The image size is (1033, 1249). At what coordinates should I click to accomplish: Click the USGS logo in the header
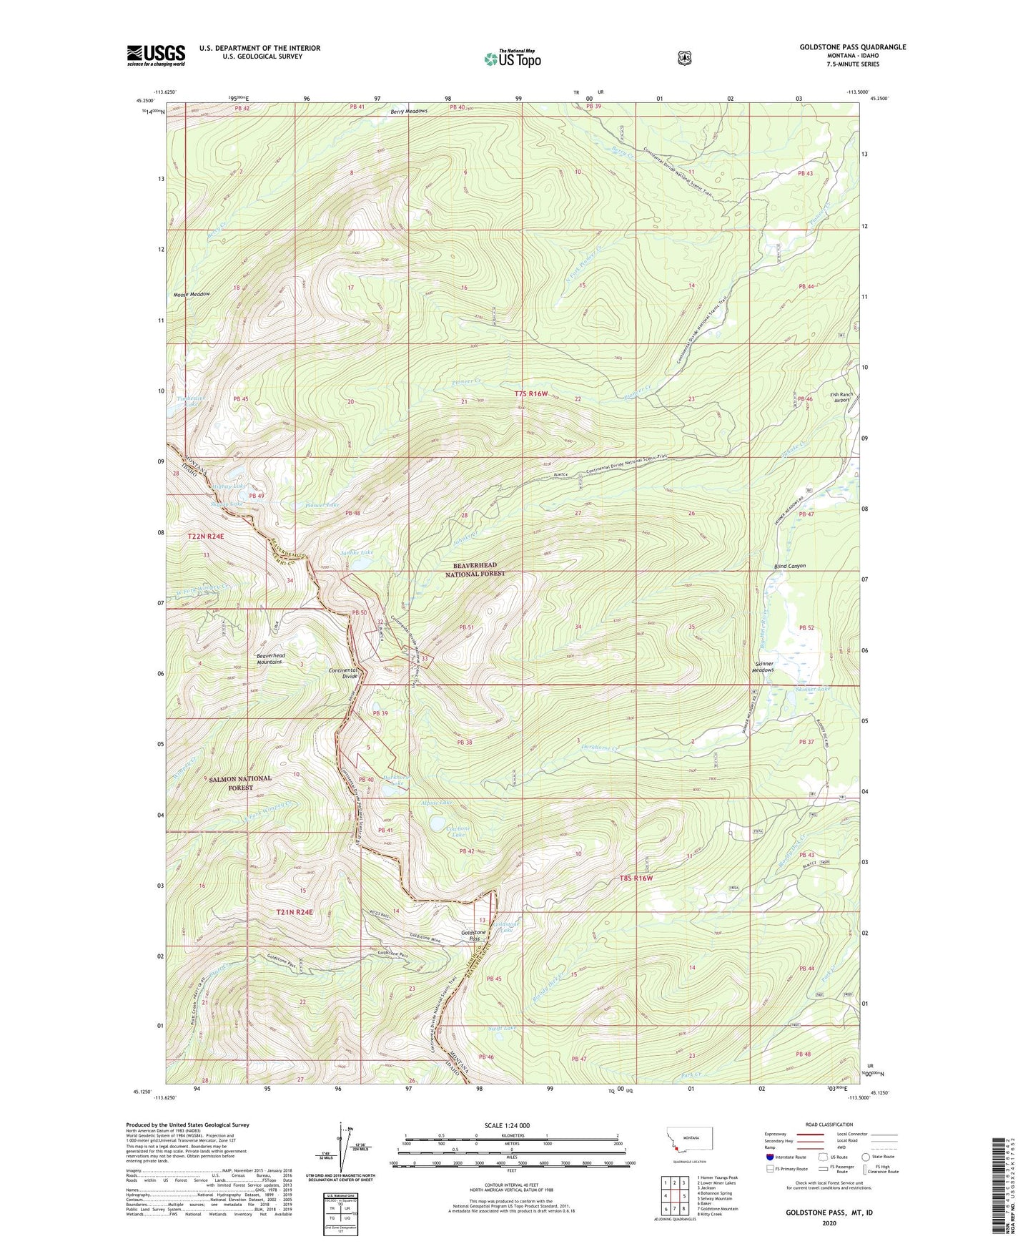[x=156, y=54]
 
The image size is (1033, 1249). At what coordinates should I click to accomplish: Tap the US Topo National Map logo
[x=512, y=58]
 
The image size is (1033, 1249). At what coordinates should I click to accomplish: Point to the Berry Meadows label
[x=409, y=112]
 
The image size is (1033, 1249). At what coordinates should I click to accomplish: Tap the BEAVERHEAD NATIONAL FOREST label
[x=475, y=569]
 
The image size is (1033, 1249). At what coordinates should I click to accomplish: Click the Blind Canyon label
[x=789, y=566]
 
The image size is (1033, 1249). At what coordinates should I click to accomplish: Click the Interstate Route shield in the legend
[x=769, y=1156]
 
